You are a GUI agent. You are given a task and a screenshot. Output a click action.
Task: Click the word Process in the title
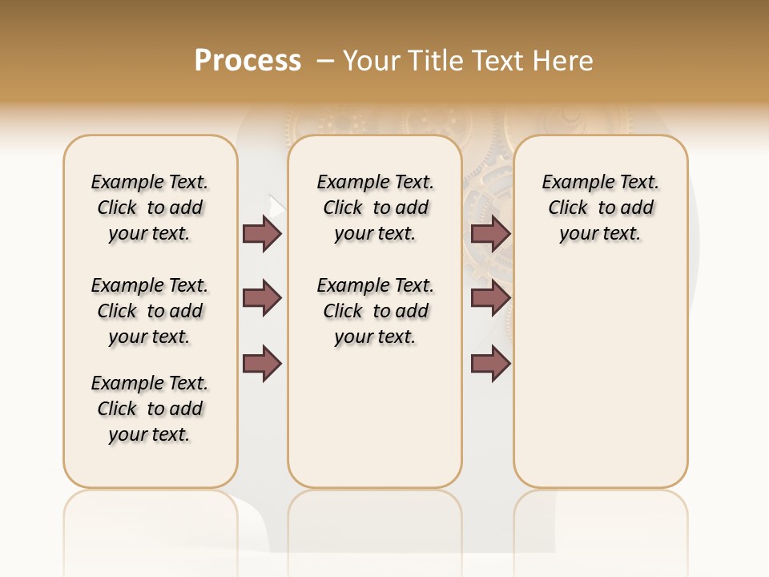(248, 61)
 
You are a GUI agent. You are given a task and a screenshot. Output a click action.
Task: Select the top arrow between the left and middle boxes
(262, 234)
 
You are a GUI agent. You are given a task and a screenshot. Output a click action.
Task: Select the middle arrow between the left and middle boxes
(262, 298)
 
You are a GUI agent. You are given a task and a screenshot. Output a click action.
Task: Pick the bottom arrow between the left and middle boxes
(262, 364)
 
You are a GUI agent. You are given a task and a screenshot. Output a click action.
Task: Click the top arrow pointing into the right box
(490, 234)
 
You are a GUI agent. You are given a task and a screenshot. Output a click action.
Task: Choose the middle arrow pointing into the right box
(490, 298)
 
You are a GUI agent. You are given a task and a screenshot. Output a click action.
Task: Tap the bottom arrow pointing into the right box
(490, 364)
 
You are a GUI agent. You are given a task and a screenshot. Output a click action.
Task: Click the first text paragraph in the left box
(150, 208)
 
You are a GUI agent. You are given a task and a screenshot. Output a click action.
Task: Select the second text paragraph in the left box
(150, 311)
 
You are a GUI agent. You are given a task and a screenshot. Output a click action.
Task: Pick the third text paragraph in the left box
(150, 409)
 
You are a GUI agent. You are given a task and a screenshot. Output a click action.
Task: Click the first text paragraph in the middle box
(375, 208)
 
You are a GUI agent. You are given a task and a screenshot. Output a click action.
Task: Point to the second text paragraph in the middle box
(375, 311)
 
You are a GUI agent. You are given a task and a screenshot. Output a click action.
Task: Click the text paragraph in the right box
(600, 208)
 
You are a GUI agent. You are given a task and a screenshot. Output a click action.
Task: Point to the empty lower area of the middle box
(375, 417)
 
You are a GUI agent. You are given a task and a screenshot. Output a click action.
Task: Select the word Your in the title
(370, 61)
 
